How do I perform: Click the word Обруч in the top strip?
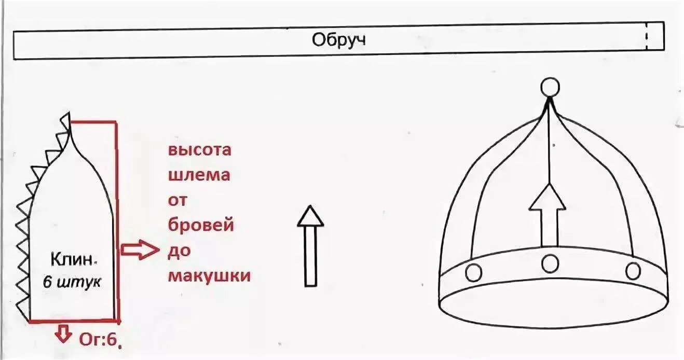pyautogui.click(x=338, y=40)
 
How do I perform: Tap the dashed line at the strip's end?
pyautogui.click(x=647, y=37)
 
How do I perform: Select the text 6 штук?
pyautogui.click(x=72, y=283)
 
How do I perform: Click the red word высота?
pyautogui.click(x=199, y=150)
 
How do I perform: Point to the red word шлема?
pyautogui.click(x=199, y=175)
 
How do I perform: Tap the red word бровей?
pyautogui.click(x=200, y=226)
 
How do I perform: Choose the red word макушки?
pyautogui.click(x=209, y=275)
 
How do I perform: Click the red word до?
pyautogui.click(x=179, y=251)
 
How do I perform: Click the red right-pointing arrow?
pyautogui.click(x=139, y=251)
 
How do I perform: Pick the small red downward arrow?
pyautogui.click(x=63, y=334)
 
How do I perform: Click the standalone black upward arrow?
pyautogui.click(x=310, y=246)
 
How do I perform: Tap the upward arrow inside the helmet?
pyautogui.click(x=547, y=215)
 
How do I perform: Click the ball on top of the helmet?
pyautogui.click(x=550, y=88)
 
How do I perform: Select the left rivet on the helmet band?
pyautogui.click(x=473, y=272)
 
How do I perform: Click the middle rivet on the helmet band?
pyautogui.click(x=550, y=264)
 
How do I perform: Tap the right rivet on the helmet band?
pyautogui.click(x=633, y=271)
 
